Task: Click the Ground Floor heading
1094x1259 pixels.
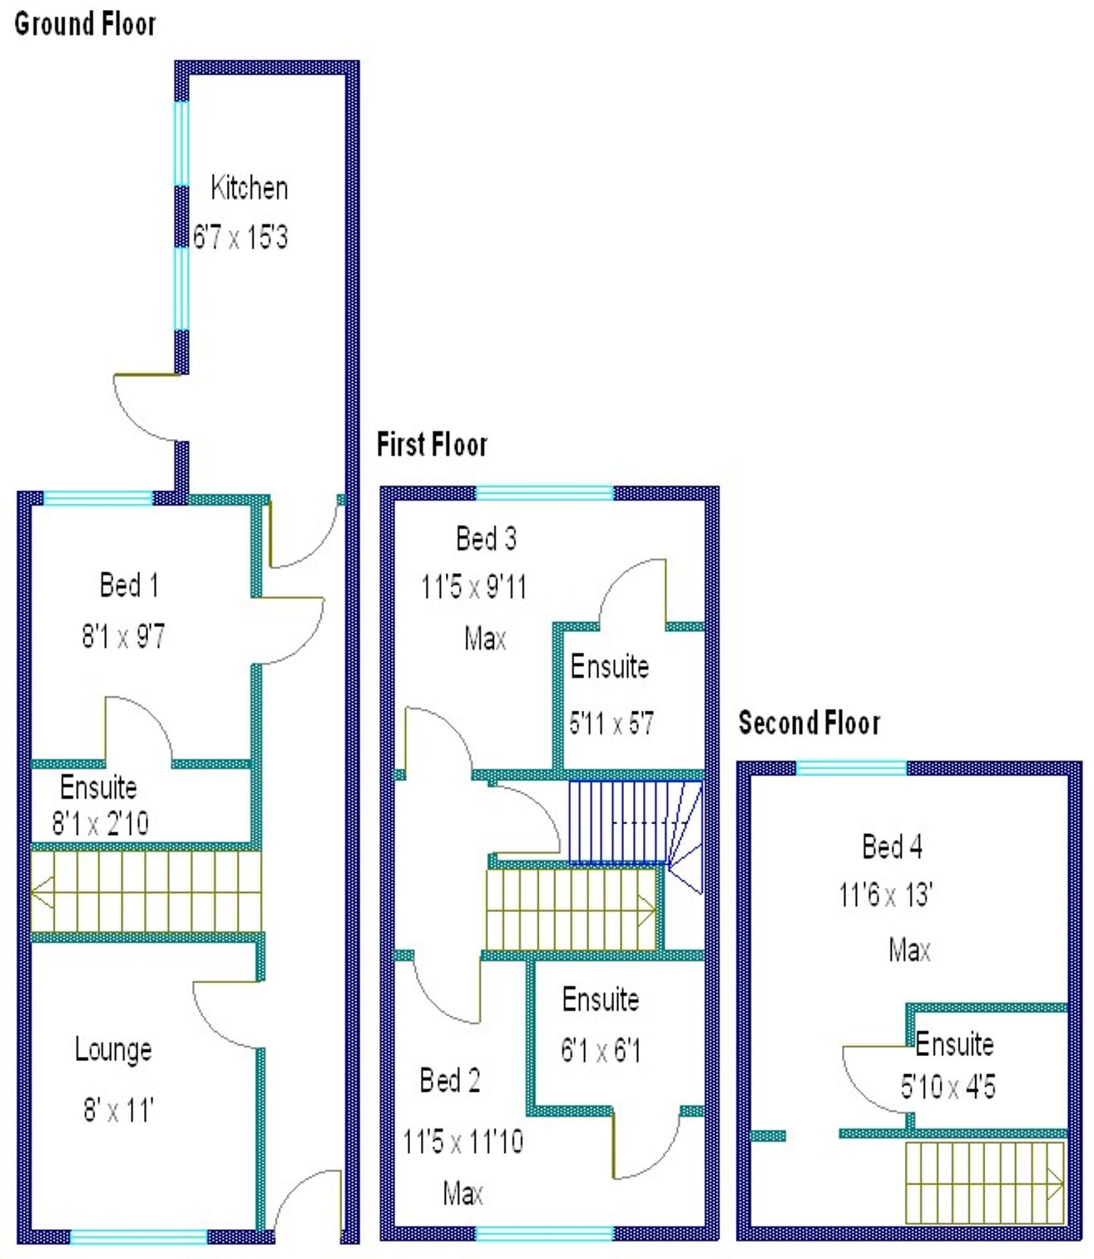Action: click(85, 25)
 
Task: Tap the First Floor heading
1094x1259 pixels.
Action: click(432, 444)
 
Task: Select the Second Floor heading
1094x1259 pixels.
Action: click(809, 722)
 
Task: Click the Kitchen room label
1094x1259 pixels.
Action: click(249, 187)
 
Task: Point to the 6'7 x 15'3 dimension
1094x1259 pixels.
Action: click(240, 237)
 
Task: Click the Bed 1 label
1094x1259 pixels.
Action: click(129, 585)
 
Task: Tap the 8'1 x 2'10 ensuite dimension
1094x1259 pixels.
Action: click(100, 823)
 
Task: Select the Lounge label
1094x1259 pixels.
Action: click(113, 1049)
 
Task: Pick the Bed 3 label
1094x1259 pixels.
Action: click(486, 539)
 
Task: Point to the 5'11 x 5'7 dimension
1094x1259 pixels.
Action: click(611, 724)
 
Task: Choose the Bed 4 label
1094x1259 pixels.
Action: click(892, 847)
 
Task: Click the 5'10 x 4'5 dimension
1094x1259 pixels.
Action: click(948, 1086)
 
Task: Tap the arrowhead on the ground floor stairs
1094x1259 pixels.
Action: click(42, 892)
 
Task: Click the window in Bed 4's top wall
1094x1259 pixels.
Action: click(851, 768)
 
